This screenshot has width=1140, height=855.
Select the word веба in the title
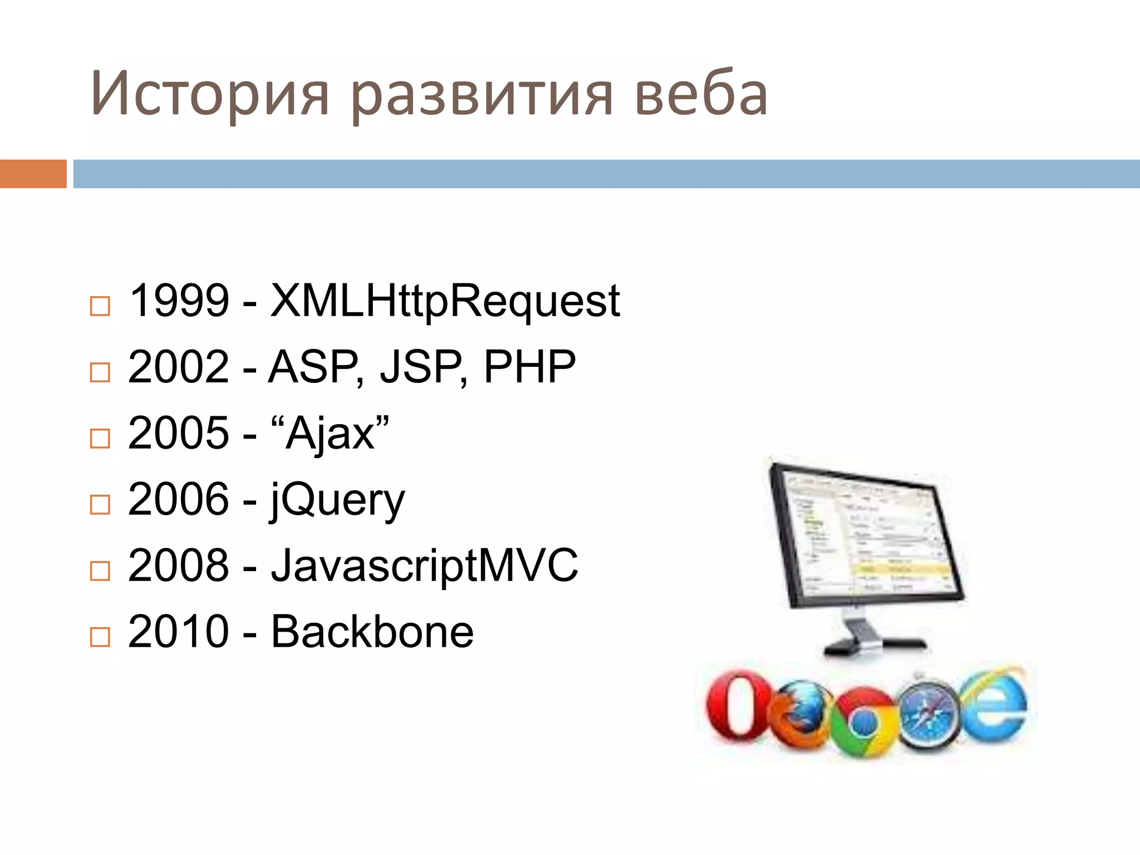[701, 94]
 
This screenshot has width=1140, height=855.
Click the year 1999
[179, 301]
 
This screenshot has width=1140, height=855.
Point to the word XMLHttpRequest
[445, 302]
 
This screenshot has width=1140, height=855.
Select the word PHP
[529, 367]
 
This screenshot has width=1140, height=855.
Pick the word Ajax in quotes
[330, 434]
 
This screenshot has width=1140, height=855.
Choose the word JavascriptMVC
[424, 566]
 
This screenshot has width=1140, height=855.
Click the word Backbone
[372, 632]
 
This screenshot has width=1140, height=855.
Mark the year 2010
[179, 632]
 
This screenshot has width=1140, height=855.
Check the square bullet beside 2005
[100, 439]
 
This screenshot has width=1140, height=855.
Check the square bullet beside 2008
[100, 571]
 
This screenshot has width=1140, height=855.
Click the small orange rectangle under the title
[33, 174]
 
